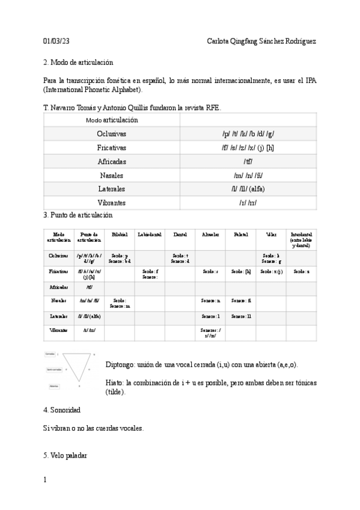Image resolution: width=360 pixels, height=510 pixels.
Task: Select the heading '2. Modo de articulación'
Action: click(78, 62)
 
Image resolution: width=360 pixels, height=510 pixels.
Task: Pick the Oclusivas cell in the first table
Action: click(112, 134)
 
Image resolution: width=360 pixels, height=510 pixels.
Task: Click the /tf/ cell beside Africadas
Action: click(248, 162)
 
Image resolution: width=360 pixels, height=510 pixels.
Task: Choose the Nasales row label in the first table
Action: click(112, 176)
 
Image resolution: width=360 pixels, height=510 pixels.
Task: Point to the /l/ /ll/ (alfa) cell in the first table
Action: click(248, 189)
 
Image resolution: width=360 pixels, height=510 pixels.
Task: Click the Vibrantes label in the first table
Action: click(112, 203)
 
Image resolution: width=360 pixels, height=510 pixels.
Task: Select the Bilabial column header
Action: click(120, 234)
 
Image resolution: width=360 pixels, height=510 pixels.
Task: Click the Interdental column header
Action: click(301, 239)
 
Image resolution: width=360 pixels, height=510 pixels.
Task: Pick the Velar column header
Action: click(271, 234)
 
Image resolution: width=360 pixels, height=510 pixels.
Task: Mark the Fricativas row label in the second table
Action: click(58, 272)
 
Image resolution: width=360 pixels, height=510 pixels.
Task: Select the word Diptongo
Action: click(121, 365)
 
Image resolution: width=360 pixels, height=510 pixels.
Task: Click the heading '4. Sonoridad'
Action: click(62, 410)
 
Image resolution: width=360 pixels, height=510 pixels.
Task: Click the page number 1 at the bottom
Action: click(45, 480)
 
